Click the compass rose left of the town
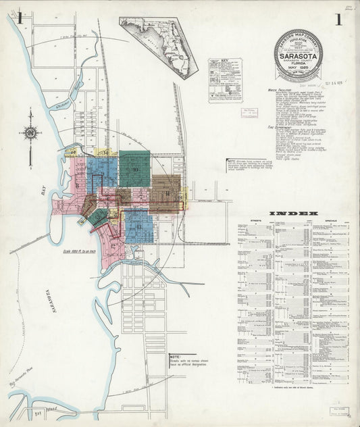point(32,132)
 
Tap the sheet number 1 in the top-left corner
point(22,19)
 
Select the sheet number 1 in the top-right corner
point(337,19)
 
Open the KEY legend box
point(225,80)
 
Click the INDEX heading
point(294,214)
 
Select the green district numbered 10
point(134,169)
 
